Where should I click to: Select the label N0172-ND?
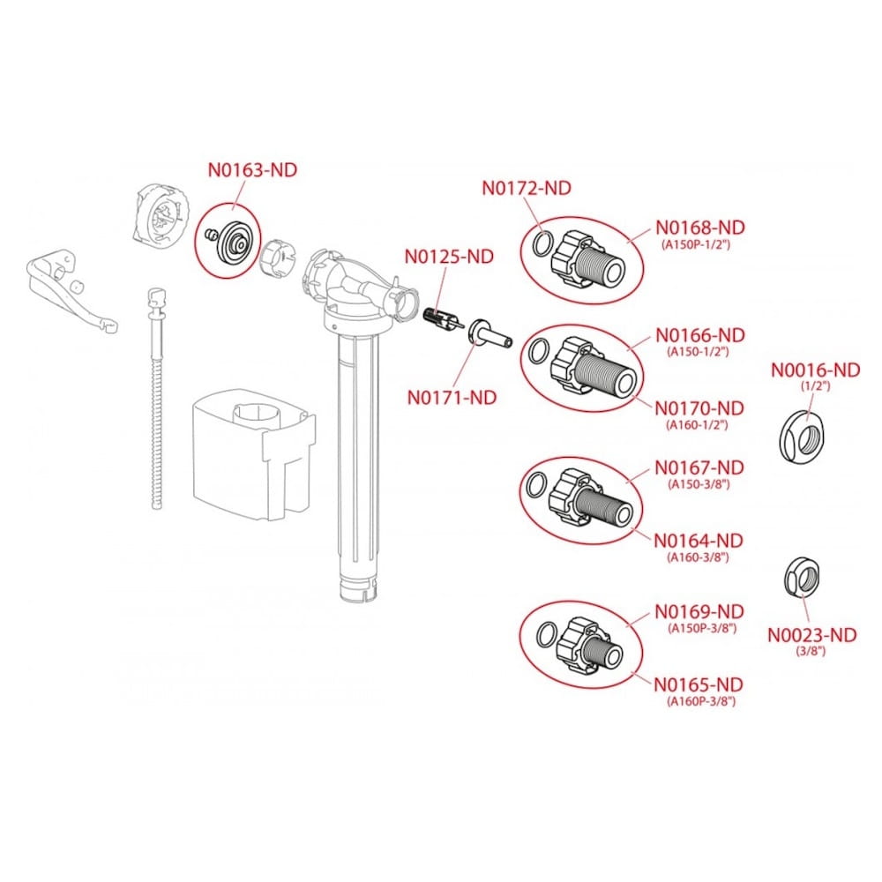click(526, 188)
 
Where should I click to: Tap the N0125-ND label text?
click(449, 258)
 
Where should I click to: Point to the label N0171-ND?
click(452, 397)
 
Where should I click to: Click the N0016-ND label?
click(815, 370)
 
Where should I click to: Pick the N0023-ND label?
click(811, 634)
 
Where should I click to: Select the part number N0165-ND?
click(698, 684)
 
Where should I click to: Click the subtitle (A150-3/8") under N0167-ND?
click(698, 484)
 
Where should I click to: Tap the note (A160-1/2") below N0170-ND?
click(698, 425)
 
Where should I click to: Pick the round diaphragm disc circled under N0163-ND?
click(235, 239)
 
